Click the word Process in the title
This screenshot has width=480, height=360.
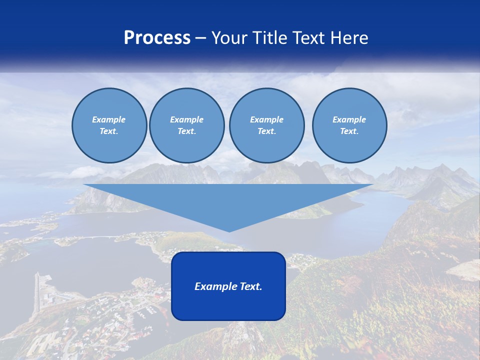click(x=157, y=38)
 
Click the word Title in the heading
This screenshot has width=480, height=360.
click(x=269, y=38)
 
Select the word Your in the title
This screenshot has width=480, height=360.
click(x=230, y=38)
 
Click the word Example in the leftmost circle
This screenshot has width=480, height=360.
click(x=109, y=119)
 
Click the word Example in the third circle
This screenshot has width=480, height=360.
click(x=266, y=119)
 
